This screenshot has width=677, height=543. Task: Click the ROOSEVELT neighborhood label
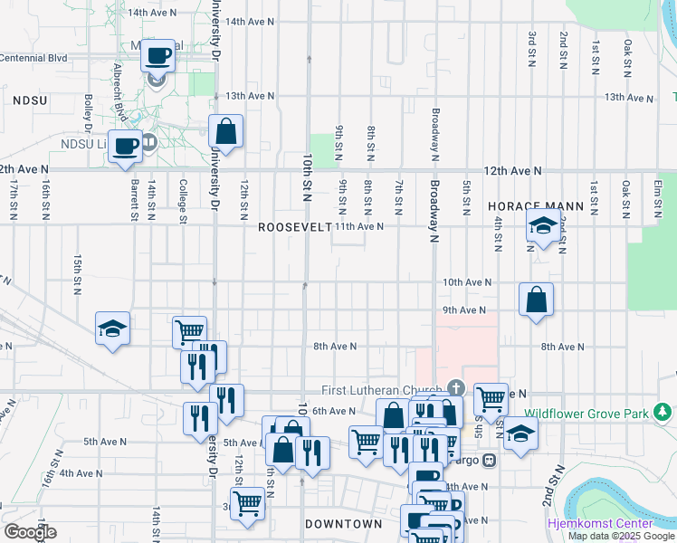(295, 227)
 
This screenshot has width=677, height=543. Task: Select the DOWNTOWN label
(343, 524)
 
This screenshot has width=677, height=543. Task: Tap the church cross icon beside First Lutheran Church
(454, 387)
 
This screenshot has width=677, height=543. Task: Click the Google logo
(29, 532)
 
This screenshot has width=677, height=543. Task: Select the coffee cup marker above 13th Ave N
(157, 56)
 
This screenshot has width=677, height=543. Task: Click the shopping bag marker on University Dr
(225, 131)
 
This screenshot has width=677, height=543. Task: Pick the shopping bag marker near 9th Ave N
(536, 300)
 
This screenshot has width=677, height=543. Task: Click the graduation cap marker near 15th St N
(112, 329)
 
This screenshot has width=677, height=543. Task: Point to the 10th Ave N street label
(467, 282)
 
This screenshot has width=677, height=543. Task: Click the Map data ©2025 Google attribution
(621, 536)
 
